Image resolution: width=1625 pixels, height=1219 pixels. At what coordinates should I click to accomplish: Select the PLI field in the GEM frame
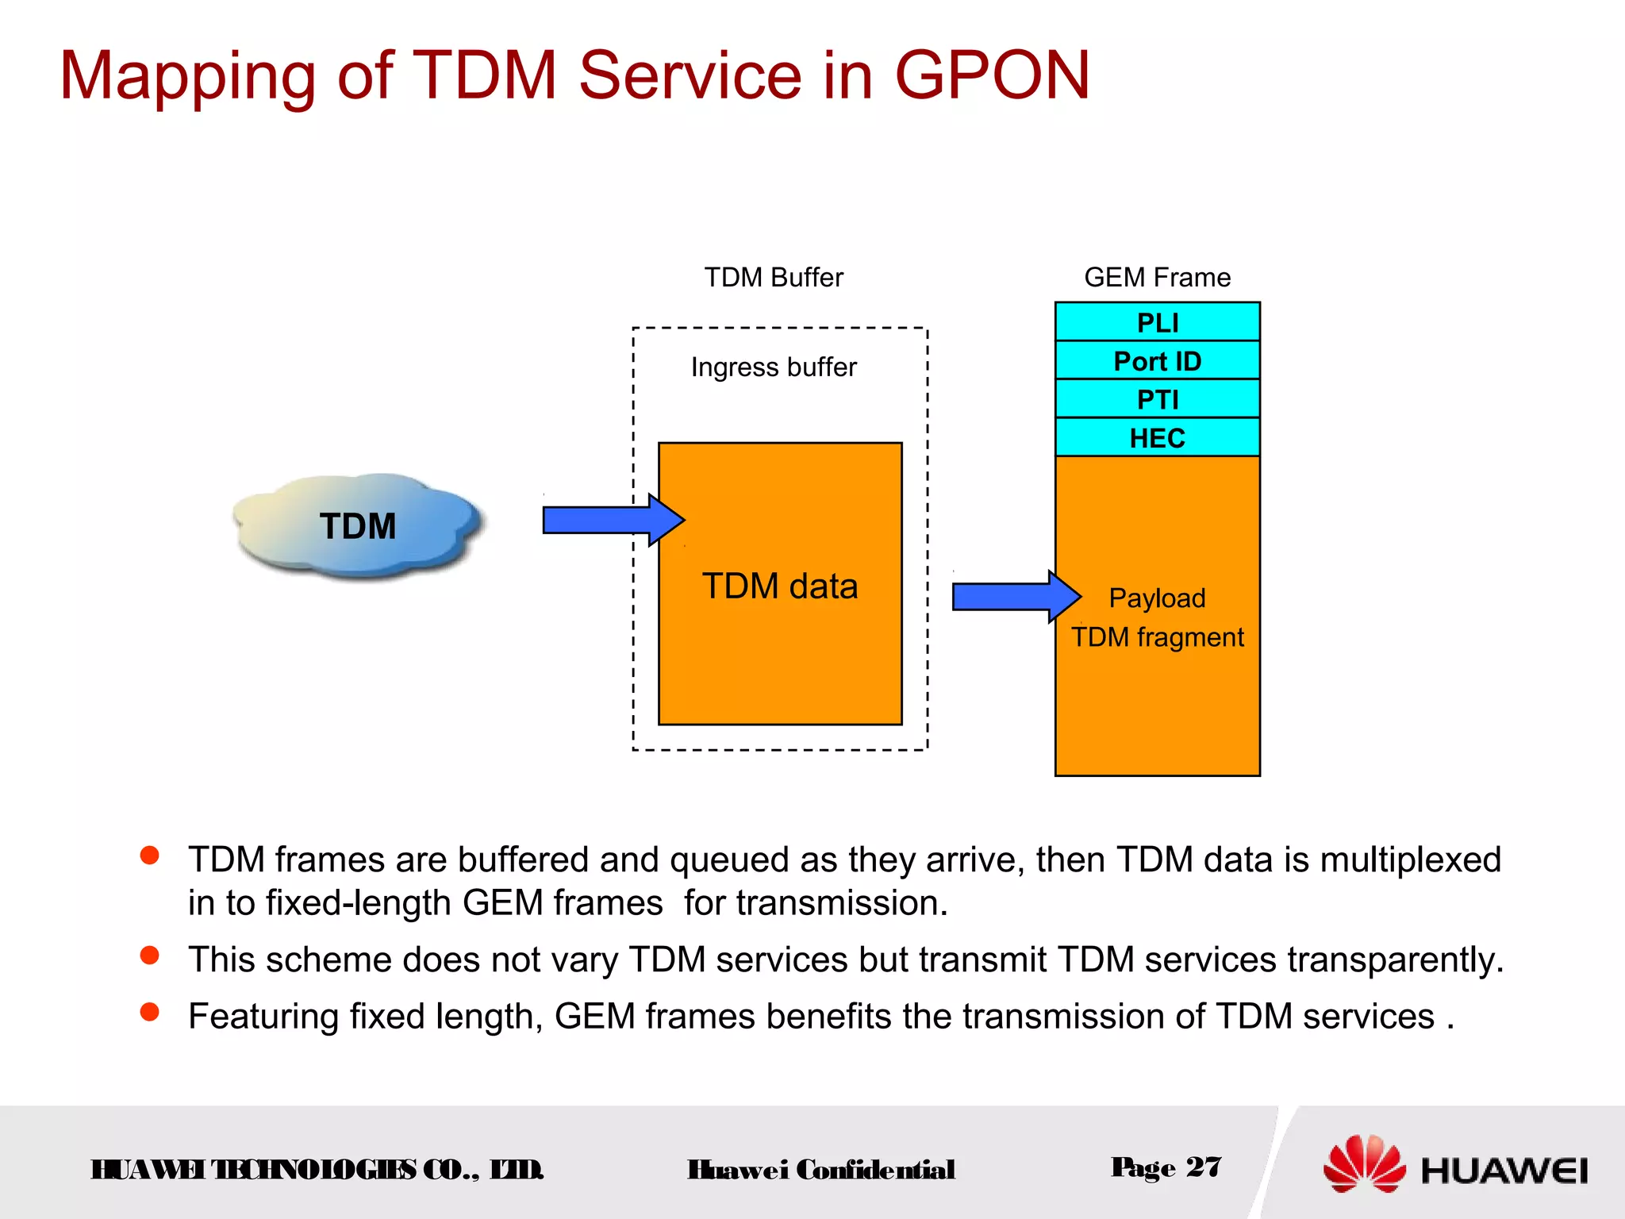coord(1157,322)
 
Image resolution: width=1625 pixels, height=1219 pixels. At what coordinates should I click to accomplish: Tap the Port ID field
coord(1157,361)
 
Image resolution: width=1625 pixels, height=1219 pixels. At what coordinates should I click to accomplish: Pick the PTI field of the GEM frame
coord(1157,399)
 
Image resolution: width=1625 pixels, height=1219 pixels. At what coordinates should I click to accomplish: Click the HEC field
coord(1157,437)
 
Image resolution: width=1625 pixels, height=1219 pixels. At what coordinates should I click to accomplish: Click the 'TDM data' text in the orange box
coord(780,586)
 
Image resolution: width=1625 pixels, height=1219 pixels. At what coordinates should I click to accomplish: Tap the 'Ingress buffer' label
coord(774,367)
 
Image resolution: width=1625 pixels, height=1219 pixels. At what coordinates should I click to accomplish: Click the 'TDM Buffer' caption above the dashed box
coord(774,278)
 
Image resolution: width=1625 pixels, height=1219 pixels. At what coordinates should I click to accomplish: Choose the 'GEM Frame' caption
coord(1157,278)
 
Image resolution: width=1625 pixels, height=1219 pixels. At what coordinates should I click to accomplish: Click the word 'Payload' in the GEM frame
coord(1157,598)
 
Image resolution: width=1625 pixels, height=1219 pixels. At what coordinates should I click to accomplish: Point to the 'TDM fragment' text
coord(1157,637)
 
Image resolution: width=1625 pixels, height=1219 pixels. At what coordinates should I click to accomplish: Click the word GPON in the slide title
coord(992,76)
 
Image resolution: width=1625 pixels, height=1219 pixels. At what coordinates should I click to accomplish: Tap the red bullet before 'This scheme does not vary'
coord(149,955)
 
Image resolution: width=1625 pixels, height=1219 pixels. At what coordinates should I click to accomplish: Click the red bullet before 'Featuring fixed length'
coord(149,1012)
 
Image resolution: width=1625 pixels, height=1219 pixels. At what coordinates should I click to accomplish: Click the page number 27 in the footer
coord(1203,1167)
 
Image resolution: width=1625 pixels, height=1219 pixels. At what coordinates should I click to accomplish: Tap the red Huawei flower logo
coord(1363,1163)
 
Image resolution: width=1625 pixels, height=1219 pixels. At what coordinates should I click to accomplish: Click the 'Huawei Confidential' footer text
coord(821,1170)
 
